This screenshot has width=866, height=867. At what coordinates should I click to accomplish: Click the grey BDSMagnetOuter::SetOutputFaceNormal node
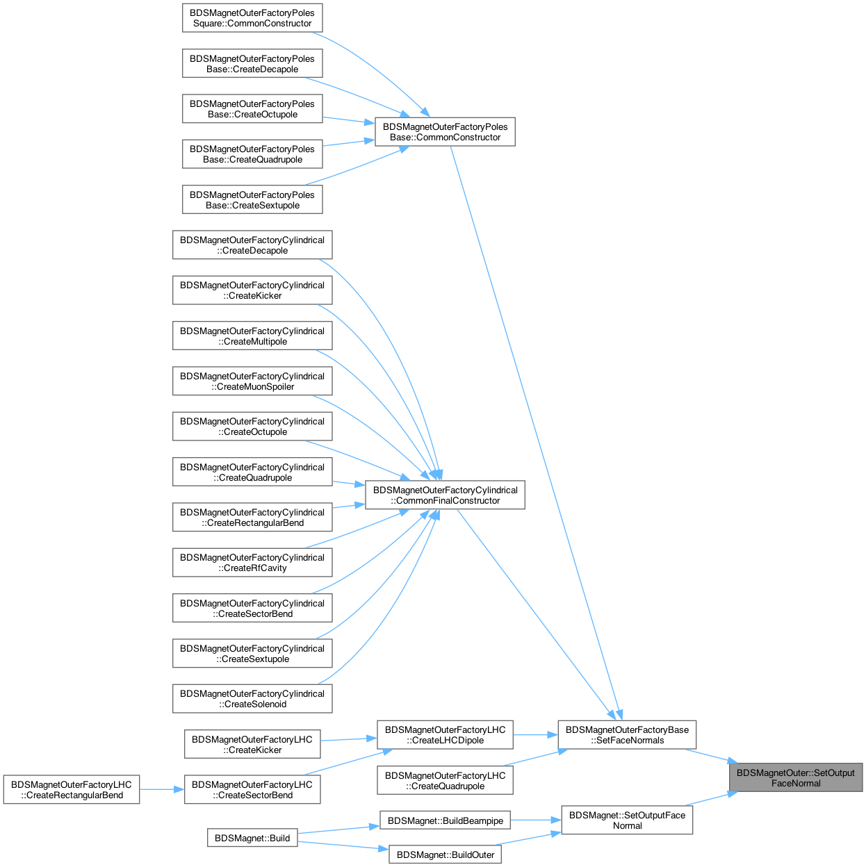coord(795,777)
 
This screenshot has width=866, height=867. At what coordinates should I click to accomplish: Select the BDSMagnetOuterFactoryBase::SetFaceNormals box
coord(626,735)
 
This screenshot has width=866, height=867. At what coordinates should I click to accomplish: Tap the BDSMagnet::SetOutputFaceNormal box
coord(627,820)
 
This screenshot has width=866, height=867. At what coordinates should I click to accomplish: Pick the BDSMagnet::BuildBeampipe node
coord(445,820)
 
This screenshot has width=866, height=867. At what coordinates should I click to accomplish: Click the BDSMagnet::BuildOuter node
coord(445,854)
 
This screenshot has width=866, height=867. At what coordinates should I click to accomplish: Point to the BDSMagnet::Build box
coord(252,838)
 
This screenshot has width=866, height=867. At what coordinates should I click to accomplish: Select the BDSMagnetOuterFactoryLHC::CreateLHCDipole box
coord(445,735)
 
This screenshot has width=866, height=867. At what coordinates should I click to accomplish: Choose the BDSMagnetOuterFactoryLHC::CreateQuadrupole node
coord(445,781)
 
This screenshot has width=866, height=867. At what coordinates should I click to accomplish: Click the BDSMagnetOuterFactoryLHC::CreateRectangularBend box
coord(72,790)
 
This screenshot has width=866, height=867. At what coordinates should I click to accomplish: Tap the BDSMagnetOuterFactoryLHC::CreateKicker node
coord(252,744)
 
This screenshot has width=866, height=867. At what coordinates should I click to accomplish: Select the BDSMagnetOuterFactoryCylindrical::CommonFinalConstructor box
coord(445,495)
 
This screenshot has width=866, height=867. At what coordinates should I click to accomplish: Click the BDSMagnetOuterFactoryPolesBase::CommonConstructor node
coord(445,132)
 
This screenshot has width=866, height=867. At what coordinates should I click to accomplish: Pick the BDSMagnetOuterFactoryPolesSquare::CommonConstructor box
coord(252,18)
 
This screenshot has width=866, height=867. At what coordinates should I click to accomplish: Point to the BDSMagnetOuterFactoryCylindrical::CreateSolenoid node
coord(252,699)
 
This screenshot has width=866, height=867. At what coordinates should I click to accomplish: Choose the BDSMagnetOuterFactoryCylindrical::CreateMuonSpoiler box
coord(252,381)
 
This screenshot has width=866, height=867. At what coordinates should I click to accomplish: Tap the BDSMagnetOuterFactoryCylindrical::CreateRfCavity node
coord(252,563)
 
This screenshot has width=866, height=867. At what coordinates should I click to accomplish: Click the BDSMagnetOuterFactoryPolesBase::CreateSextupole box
coord(252,200)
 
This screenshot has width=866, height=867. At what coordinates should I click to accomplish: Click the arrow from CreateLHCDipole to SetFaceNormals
coord(535,735)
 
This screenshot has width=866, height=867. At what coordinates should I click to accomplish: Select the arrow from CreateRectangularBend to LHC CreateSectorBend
coord(162,790)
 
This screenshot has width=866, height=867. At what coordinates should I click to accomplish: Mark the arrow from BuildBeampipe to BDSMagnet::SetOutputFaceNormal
coord(536,820)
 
